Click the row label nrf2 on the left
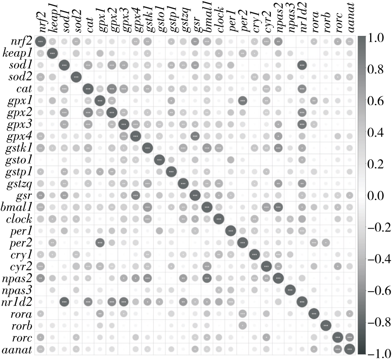click(21, 42)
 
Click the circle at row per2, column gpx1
click(100, 242)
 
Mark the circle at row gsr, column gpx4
click(135, 195)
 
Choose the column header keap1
click(52, 19)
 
